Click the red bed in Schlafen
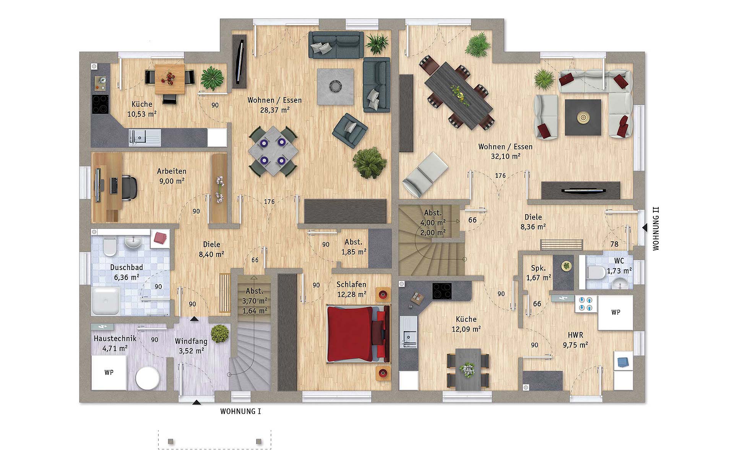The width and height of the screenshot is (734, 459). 358,334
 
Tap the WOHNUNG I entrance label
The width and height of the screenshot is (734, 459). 240,412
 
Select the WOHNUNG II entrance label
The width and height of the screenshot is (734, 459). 656,229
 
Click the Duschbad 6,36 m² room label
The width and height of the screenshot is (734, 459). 127,272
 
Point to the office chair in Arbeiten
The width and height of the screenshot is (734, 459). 129,187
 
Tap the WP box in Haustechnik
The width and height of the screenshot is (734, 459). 109,373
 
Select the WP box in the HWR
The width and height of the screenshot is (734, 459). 615,313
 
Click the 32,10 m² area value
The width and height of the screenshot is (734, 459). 505,156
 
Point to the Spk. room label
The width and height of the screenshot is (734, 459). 539,268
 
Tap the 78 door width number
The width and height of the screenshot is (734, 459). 614,244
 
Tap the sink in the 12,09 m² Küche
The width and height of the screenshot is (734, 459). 409,332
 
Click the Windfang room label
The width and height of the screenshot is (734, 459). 191,341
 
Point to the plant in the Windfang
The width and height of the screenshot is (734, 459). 219,334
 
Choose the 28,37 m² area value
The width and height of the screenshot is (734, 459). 275,110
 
